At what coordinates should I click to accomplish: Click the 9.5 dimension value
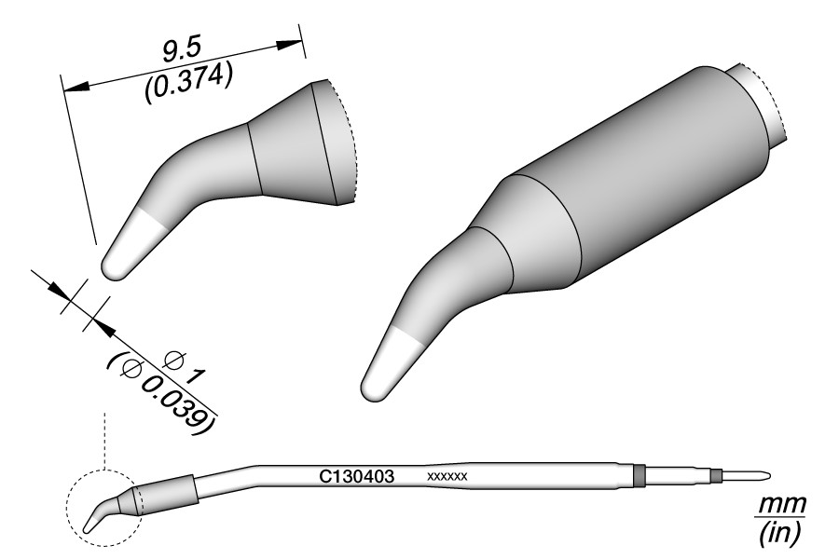tap(182, 52)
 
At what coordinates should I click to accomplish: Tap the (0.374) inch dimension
tap(188, 82)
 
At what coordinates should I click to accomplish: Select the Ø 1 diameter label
tap(185, 368)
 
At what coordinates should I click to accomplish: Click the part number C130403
tap(357, 475)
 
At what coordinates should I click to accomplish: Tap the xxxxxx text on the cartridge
tap(447, 476)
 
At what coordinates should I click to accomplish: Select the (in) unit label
tap(780, 532)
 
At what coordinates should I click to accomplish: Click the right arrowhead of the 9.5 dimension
tap(288, 45)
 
